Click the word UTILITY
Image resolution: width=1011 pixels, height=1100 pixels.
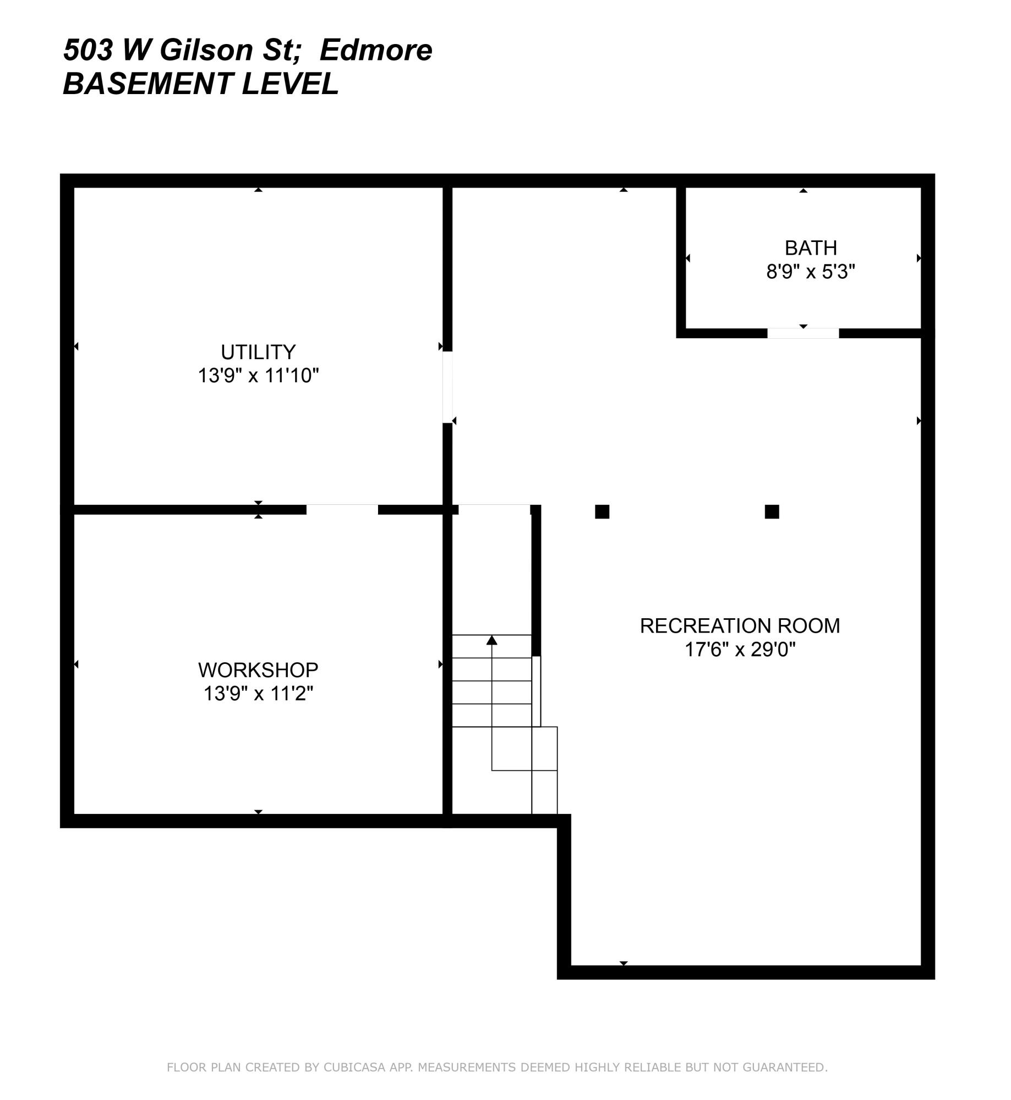[x=258, y=352]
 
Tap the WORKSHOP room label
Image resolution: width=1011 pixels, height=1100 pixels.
[x=258, y=670]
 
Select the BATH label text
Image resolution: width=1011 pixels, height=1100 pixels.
[x=811, y=248]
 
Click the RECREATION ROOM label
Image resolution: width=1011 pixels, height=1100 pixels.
[x=740, y=626]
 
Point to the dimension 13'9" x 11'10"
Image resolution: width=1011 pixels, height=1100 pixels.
[x=258, y=376]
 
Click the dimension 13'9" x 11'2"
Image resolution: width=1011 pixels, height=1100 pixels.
[x=258, y=694]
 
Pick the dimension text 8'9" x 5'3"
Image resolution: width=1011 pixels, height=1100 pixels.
[x=811, y=272]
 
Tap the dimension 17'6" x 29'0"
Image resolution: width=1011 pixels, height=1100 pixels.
[x=740, y=650]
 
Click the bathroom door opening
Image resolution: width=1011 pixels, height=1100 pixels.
[x=803, y=333]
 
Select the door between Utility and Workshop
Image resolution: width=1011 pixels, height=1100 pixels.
[x=342, y=510]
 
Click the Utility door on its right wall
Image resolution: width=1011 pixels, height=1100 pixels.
[x=447, y=387]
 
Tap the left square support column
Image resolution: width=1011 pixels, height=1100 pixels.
[x=602, y=512]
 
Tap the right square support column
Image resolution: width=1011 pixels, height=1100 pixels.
[x=772, y=512]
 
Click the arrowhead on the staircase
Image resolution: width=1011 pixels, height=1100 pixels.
[x=491, y=640]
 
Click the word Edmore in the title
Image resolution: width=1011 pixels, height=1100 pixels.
[x=376, y=51]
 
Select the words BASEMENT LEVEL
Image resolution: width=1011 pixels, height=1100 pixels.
[x=200, y=84]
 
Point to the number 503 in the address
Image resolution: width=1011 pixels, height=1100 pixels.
[x=88, y=51]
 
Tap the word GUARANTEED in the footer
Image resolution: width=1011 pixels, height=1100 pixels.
[x=784, y=1068]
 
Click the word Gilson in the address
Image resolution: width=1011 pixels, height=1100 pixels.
[x=206, y=51]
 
